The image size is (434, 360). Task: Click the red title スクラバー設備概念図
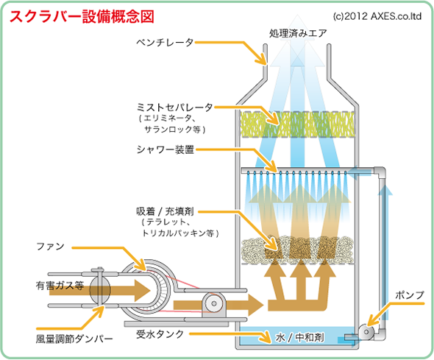point(82,17)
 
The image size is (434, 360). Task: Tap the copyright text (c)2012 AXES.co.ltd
point(377,16)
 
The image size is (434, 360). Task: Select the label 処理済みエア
point(298,34)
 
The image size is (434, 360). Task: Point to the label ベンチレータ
point(165,43)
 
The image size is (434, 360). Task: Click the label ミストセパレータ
point(175,107)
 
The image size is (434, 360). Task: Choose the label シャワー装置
point(166,149)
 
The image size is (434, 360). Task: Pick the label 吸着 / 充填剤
point(165,212)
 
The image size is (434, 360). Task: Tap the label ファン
point(50,246)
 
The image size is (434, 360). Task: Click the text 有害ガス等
point(60,286)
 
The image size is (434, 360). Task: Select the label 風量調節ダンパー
point(74,339)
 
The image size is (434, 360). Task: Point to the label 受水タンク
point(160,334)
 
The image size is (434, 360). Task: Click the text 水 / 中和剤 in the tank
point(299,338)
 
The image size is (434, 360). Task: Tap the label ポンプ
point(410,295)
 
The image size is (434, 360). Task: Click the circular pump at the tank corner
point(366,331)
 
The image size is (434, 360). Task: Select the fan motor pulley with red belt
point(213,303)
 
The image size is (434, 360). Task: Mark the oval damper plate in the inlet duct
point(100,290)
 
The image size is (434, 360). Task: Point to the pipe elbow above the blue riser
point(380,172)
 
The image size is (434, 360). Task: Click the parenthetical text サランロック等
point(175,130)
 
